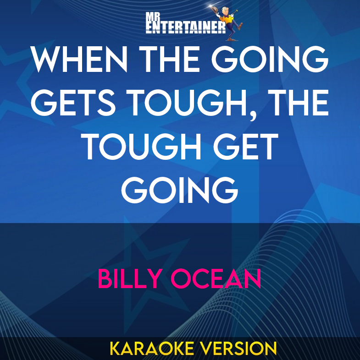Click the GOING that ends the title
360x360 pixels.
[x=180, y=191]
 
